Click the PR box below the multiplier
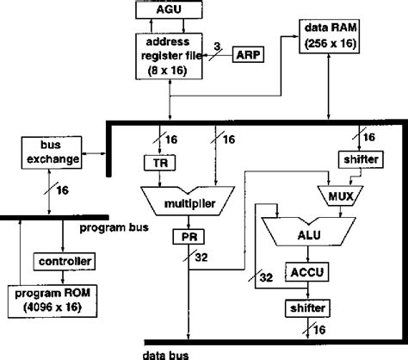point(188,235)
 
